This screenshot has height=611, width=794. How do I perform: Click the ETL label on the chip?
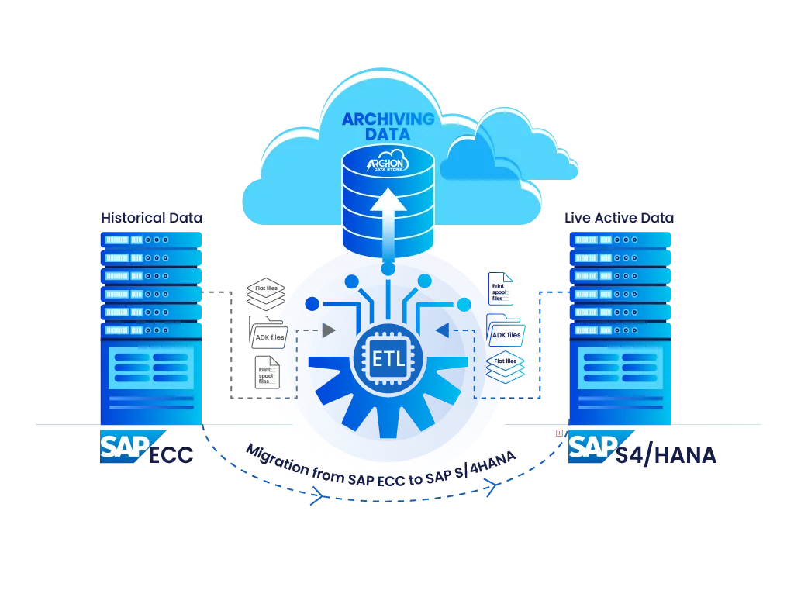[x=388, y=360]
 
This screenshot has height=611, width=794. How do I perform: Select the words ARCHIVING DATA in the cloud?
[x=388, y=127]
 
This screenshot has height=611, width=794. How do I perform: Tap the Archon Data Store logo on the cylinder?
[x=388, y=164]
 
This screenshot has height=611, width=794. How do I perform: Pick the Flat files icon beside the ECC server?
[x=265, y=295]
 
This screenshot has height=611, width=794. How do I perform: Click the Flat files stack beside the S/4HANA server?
[x=506, y=367]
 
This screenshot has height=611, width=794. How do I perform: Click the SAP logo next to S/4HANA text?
[x=592, y=448]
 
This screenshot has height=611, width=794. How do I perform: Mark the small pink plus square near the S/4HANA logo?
[x=557, y=433]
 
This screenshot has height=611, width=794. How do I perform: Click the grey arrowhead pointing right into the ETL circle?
[x=328, y=330]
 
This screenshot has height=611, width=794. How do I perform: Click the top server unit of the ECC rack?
[x=150, y=240]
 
